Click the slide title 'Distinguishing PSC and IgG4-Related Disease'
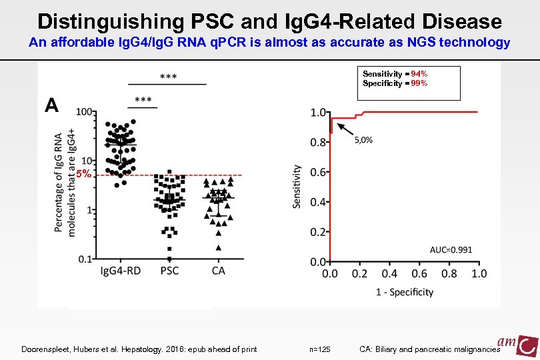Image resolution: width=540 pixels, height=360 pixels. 269,21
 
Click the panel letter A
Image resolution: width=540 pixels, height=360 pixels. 52,105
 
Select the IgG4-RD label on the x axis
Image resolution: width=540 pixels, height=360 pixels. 120,271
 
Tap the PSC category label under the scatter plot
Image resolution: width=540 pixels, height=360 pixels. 169,271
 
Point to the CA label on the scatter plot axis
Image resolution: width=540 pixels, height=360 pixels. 218,271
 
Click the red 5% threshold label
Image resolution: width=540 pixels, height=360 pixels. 83,174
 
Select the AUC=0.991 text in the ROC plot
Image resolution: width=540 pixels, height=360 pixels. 451,249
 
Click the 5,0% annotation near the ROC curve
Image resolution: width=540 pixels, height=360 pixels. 363,140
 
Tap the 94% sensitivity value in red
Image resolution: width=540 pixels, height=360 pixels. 419,74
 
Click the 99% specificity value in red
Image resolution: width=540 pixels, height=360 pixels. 419,83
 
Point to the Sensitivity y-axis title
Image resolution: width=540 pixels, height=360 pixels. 297,187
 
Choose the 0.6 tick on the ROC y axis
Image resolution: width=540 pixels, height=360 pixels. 317,172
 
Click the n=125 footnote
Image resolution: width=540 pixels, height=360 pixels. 321,349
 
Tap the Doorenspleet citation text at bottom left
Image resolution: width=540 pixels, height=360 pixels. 139,349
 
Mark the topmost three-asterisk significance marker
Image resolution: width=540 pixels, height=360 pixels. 168,77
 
